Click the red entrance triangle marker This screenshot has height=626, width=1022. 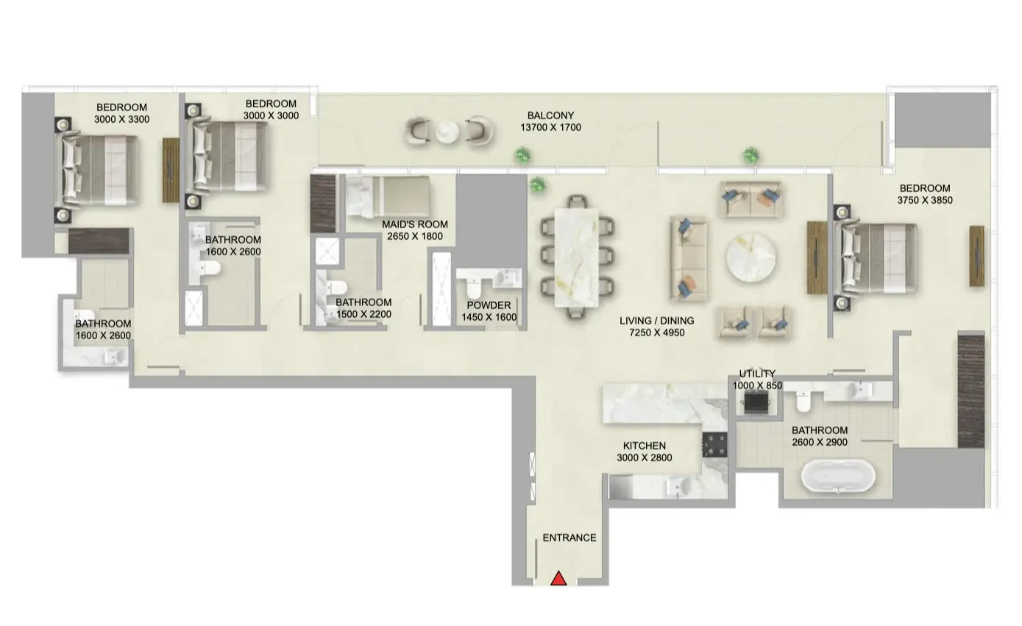pos(558,579)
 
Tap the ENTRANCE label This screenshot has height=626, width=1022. pos(569,538)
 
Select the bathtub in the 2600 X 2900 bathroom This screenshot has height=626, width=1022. pos(838,476)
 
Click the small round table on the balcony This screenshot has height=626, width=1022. pos(447,132)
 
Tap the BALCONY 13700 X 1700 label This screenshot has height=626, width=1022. pos(550,121)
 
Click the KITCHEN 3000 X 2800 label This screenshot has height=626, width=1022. pos(644,452)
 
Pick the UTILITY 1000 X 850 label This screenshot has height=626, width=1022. pos(757,380)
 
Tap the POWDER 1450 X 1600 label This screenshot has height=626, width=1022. pos(489,311)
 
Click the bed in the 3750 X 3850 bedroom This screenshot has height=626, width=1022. pos(876,258)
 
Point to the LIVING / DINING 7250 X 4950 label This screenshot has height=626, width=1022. pos(656,327)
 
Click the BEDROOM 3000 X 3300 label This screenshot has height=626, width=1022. pos(121,113)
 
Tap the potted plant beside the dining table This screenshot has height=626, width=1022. pos(538,185)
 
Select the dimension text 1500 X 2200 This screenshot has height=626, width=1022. pos(363,314)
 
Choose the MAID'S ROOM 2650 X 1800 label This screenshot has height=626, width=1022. pos(414,230)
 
